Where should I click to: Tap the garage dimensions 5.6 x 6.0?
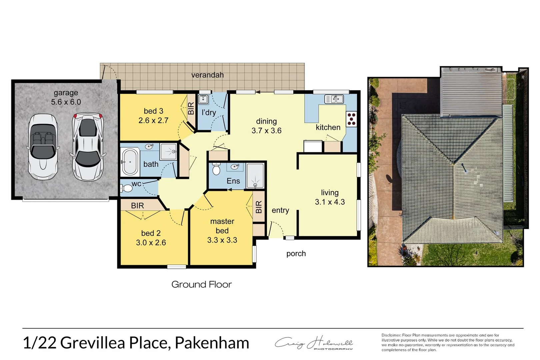[x=66, y=102]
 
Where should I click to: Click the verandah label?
[x=207, y=75]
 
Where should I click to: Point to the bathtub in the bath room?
[x=130, y=162]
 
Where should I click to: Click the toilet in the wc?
[x=126, y=188]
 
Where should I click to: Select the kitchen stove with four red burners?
[x=351, y=119]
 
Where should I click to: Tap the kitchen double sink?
[x=334, y=99]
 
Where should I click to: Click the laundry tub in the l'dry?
[x=203, y=99]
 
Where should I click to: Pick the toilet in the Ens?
[x=216, y=169]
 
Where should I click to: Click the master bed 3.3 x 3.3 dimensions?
[x=222, y=240]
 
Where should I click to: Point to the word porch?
[x=296, y=254]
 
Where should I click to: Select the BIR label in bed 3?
[x=191, y=108]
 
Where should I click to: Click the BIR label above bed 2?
[x=137, y=206]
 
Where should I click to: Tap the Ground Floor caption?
[x=201, y=284]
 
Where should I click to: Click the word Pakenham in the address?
[x=212, y=343]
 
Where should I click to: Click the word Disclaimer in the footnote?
[x=391, y=335]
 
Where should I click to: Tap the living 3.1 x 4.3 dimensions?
[x=330, y=202]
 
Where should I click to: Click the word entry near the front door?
[x=280, y=210]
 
